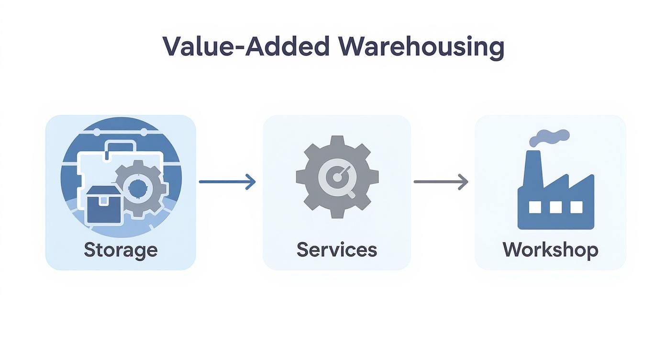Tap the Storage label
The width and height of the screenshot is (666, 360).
click(121, 250)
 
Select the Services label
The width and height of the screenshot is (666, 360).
click(337, 250)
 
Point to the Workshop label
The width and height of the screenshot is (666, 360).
click(550, 250)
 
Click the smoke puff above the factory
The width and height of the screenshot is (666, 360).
click(550, 137)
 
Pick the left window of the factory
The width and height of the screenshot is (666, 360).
click(535, 207)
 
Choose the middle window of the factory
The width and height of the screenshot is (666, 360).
click(555, 207)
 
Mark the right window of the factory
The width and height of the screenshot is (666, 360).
click(577, 207)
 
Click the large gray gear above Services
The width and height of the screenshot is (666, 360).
click(337, 177)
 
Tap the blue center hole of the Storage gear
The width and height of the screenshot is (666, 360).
click(138, 190)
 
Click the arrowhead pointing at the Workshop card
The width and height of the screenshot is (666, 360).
click(463, 181)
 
